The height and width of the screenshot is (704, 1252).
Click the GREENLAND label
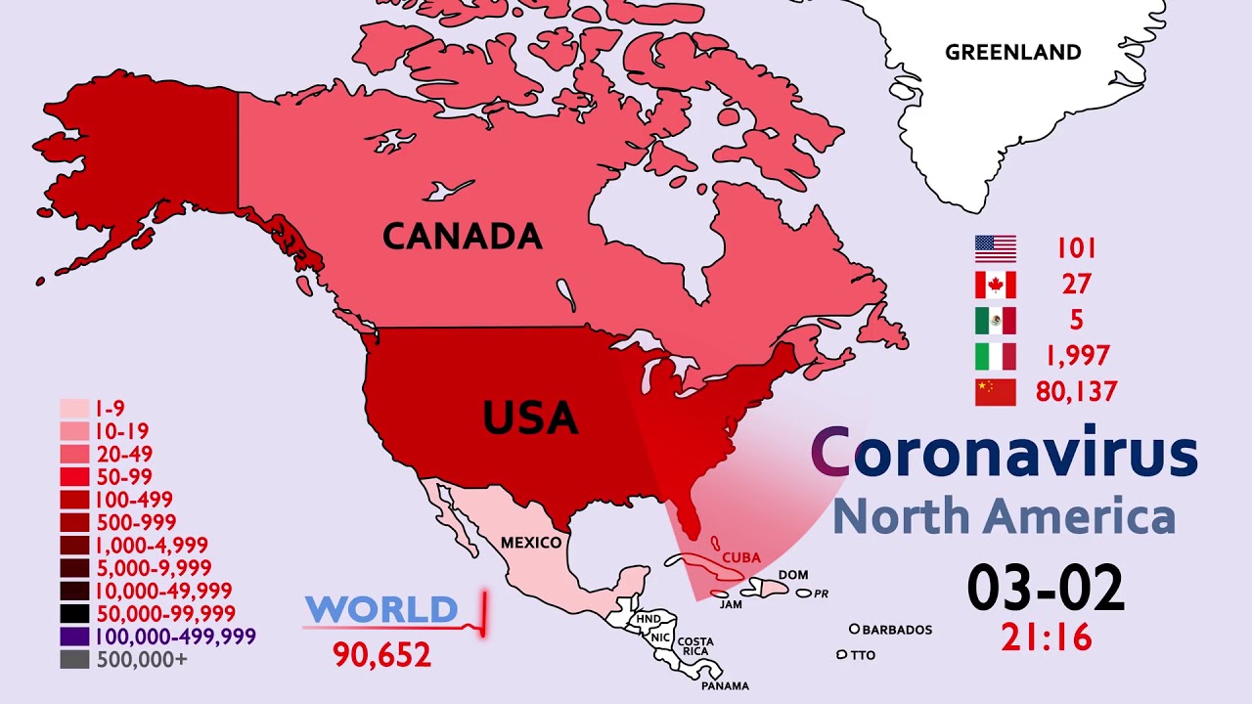click(x=1012, y=52)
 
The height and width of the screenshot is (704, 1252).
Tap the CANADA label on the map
click(x=462, y=236)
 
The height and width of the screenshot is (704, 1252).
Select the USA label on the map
click(x=531, y=418)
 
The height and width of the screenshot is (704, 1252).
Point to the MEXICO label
click(x=531, y=543)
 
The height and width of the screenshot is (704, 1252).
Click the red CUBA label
click(x=740, y=557)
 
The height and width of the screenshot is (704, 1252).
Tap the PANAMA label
click(x=725, y=685)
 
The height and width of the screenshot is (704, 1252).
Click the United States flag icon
click(x=996, y=249)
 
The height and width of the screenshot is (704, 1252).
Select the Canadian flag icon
click(x=996, y=285)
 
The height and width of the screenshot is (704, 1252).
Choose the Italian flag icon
click(x=996, y=356)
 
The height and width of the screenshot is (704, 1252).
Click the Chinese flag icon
click(x=996, y=392)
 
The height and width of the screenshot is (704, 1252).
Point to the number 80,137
click(x=1076, y=392)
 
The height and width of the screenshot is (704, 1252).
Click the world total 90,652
click(x=381, y=654)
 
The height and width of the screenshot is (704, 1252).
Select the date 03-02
click(x=1046, y=589)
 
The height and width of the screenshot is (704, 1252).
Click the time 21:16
click(x=1046, y=638)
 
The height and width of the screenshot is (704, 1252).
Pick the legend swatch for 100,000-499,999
click(x=75, y=637)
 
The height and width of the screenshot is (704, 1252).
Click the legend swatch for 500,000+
click(x=75, y=659)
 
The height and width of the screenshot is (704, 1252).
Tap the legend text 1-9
click(x=110, y=409)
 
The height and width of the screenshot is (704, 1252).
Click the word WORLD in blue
click(x=380, y=610)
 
